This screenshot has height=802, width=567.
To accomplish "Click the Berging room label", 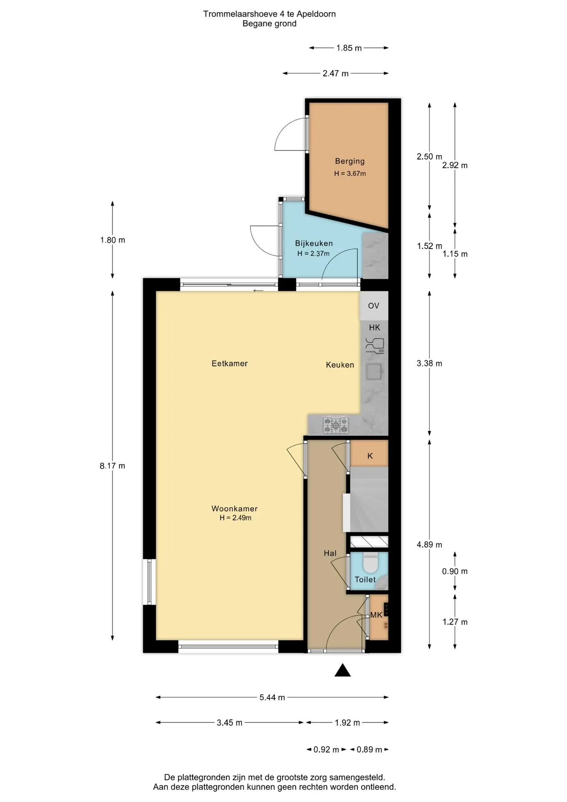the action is (350, 161).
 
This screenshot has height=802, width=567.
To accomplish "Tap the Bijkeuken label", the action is (314, 243).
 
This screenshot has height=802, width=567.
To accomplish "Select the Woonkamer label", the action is (235, 508).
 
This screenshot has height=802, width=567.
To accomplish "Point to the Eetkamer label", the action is (230, 363).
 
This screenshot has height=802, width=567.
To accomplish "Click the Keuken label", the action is (340, 365).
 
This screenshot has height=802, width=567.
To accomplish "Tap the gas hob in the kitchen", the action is (336, 425).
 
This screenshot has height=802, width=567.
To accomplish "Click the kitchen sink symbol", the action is (375, 371).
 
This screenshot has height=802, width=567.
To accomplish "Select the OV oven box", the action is (374, 306).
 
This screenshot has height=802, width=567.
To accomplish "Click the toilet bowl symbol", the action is (370, 563).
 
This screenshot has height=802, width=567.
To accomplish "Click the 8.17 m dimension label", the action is (112, 466).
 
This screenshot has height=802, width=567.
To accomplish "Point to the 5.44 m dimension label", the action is (272, 697).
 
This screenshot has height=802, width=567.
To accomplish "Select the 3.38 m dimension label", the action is (429, 363).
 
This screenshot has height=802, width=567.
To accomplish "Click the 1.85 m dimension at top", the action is (349, 48).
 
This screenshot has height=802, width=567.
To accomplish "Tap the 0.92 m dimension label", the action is (326, 749).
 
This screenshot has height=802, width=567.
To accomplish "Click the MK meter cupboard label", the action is (376, 615).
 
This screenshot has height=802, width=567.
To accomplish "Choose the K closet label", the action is (370, 456).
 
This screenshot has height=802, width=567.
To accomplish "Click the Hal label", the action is (330, 553).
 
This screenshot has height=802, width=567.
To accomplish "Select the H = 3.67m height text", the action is (350, 173).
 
